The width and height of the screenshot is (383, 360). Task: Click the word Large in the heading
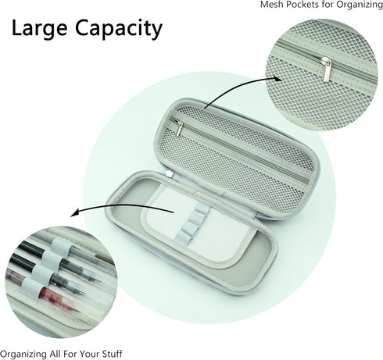click(x=40, y=28)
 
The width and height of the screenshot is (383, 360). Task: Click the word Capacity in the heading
click(x=119, y=29)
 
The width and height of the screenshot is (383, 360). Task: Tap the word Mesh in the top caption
click(x=270, y=5)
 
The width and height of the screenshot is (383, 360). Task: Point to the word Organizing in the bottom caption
click(x=23, y=355)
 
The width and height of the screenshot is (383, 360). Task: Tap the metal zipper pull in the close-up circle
click(x=324, y=68)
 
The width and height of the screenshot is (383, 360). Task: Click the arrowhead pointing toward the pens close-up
click(x=75, y=212)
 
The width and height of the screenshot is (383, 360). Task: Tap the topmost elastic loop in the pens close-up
click(x=60, y=246)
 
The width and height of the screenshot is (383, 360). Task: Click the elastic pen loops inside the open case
click(x=191, y=223)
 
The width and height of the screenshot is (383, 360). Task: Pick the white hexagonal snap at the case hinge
click(x=170, y=174)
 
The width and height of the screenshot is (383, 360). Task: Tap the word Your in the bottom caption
click(x=89, y=354)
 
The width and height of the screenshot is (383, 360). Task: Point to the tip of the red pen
click(x=77, y=311)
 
